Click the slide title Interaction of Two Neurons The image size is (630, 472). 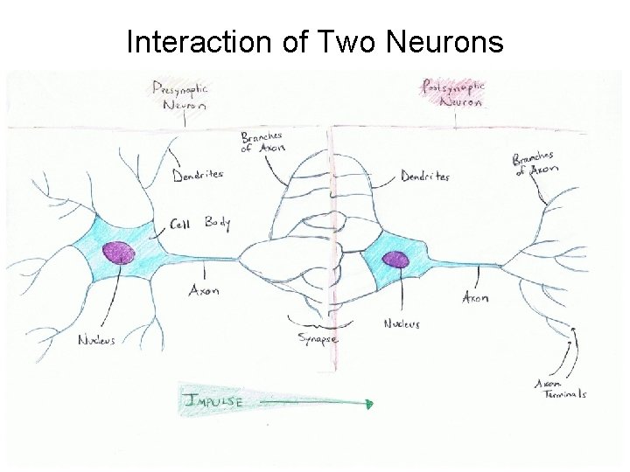315,41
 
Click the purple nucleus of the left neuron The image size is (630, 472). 118,253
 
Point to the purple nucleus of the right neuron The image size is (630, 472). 396,260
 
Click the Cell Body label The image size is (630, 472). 199,223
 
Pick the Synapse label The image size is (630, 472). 317,337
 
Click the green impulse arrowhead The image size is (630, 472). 369,404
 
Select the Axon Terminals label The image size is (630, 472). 561,388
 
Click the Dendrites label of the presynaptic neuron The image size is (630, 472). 197,174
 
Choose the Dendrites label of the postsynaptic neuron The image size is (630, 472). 425,176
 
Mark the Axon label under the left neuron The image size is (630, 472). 204,290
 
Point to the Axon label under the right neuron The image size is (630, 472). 475,298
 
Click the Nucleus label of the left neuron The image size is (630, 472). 96,339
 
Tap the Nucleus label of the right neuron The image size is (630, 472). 402,324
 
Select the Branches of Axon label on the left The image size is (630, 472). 262,142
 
